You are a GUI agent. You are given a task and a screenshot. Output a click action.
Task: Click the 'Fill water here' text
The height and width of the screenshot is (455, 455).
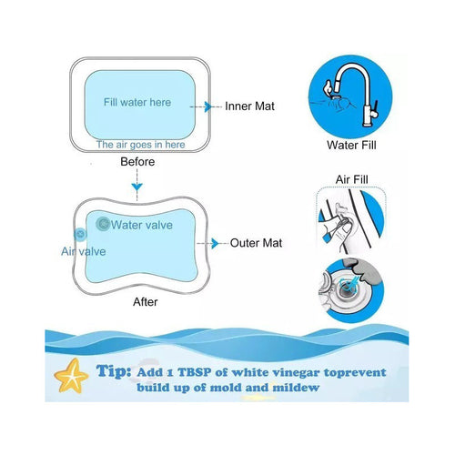tap(136, 103)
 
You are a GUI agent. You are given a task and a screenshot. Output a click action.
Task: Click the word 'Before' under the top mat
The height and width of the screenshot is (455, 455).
tap(137, 162)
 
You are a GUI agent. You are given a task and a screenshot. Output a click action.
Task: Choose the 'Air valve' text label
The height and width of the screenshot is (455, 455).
tap(84, 251)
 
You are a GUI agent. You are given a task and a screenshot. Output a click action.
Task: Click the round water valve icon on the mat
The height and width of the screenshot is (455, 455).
tap(103, 224)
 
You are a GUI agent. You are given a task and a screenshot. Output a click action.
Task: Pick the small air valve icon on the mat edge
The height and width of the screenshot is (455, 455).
tap(80, 235)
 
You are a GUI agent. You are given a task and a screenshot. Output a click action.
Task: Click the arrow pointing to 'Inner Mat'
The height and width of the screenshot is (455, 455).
tap(208, 106)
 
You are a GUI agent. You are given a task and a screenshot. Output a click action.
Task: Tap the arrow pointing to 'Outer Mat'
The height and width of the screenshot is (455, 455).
tap(214, 243)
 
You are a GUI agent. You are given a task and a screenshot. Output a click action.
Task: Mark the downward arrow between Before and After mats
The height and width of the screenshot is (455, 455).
tap(137, 187)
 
